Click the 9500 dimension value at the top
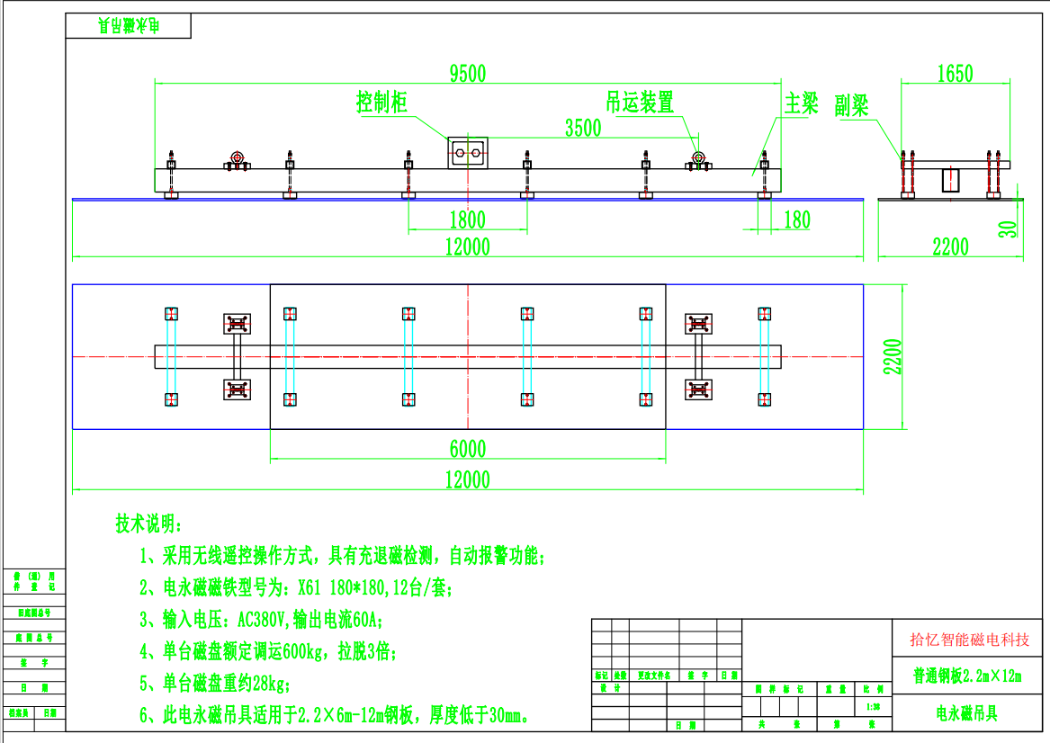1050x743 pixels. (468, 74)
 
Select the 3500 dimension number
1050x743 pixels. (583, 128)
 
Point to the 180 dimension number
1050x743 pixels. (797, 219)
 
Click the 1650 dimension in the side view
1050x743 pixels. (955, 74)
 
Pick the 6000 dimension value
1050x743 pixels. (468, 449)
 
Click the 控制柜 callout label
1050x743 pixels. (381, 103)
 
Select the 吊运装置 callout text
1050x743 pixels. (640, 103)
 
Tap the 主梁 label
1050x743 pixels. (802, 103)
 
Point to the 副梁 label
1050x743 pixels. (851, 107)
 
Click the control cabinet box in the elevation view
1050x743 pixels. (468, 153)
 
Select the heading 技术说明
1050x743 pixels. (148, 523)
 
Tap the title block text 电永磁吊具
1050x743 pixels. (967, 714)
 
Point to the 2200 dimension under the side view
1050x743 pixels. (950, 246)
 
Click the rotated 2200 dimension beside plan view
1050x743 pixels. (890, 357)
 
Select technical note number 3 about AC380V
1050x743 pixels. (261, 620)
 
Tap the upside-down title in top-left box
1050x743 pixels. (128, 27)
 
